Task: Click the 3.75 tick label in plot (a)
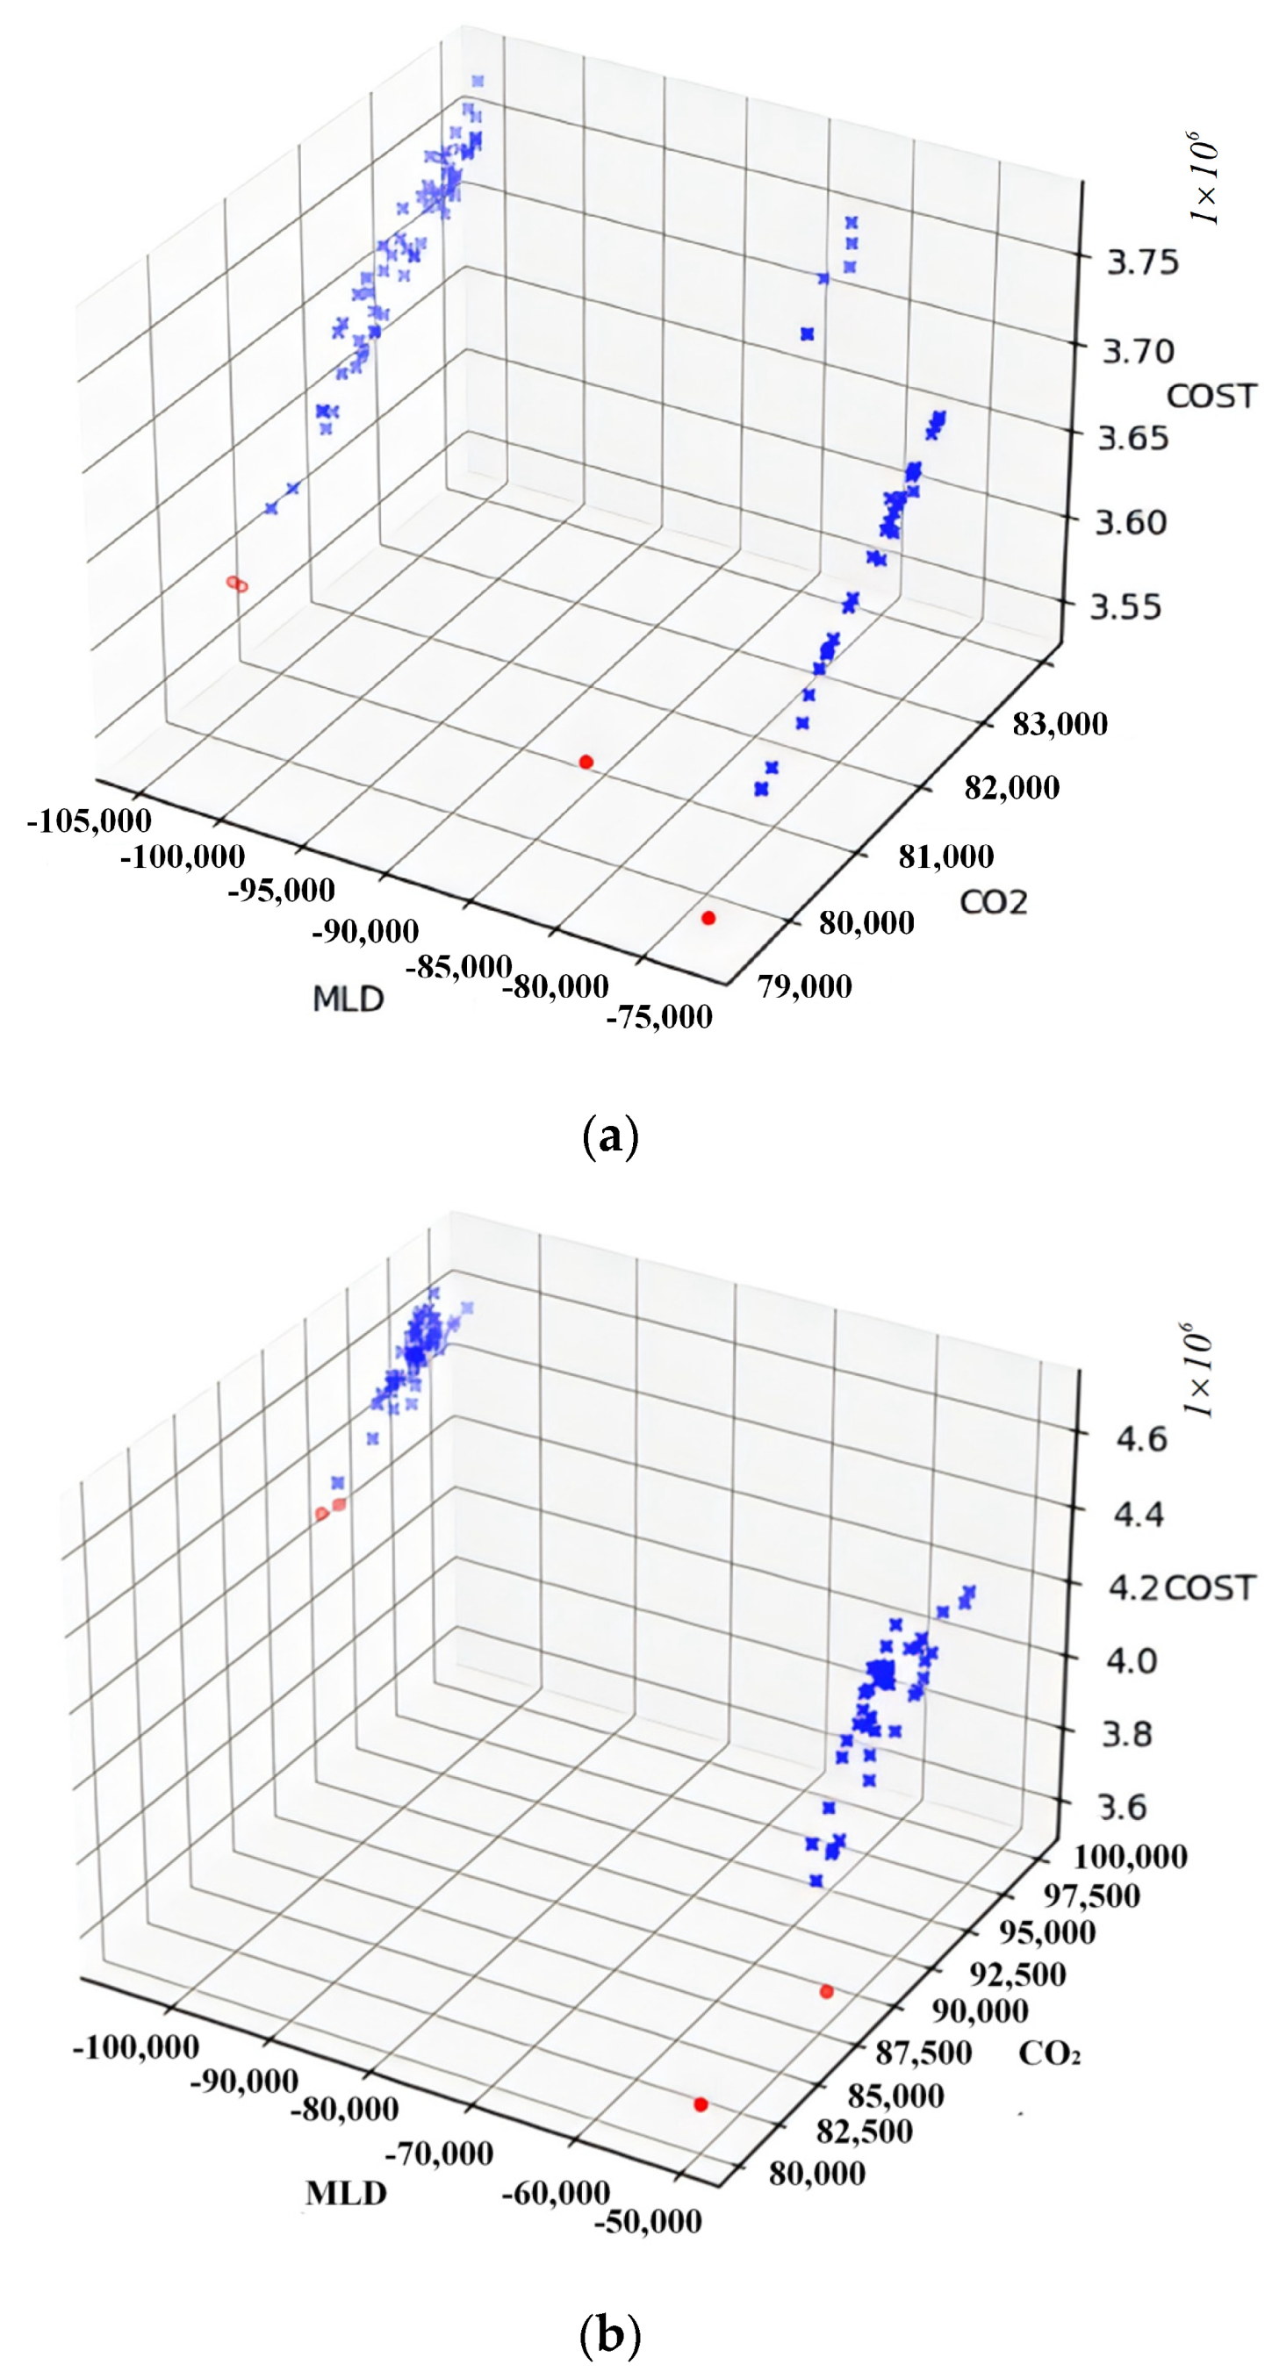[1143, 262]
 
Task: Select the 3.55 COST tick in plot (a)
[1125, 606]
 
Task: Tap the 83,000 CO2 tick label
[1060, 724]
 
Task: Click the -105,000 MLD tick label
[89, 820]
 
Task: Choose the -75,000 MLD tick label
[658, 1017]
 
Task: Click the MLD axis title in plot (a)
[348, 999]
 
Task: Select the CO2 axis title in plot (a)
[993, 901]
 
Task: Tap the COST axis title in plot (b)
[1209, 1587]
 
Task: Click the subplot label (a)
[611, 1135]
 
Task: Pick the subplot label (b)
[610, 2336]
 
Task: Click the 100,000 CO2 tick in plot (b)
[1129, 1855]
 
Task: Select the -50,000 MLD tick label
[648, 2220]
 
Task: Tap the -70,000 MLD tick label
[438, 2153]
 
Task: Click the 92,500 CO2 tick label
[1017, 1974]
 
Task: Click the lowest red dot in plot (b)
[701, 2104]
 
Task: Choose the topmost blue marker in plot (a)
[477, 82]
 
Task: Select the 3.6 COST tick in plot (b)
[1124, 1807]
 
